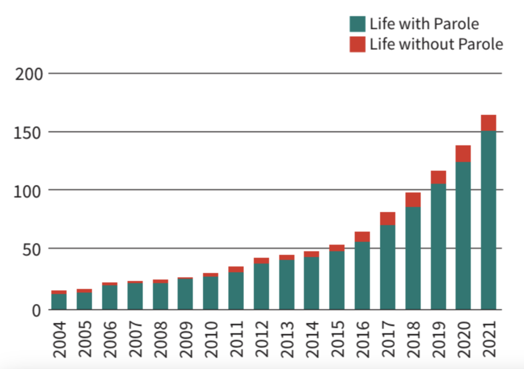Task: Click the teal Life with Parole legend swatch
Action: (x=357, y=24)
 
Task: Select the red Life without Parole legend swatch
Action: (x=357, y=44)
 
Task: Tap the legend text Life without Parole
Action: (x=436, y=44)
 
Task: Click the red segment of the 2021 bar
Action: (x=489, y=123)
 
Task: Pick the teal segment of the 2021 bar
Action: (x=489, y=221)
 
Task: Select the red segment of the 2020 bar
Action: (x=463, y=153)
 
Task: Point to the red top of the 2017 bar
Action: (x=388, y=218)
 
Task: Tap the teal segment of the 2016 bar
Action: (x=362, y=275)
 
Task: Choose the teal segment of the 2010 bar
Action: (x=210, y=292)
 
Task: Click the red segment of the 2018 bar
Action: (x=413, y=200)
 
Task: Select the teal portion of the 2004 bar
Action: (x=58, y=301)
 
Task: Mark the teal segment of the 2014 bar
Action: (x=312, y=283)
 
